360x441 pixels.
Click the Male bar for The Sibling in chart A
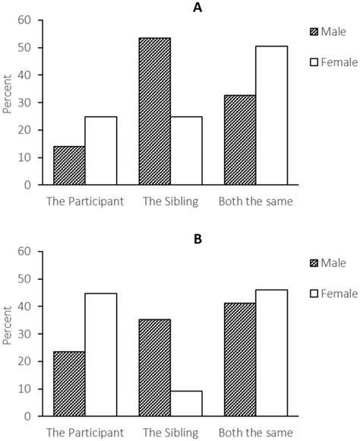click(154, 111)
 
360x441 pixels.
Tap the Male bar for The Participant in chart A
click(68, 165)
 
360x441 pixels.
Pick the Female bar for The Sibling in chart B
click(186, 403)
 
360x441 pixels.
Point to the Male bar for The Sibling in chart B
click(154, 367)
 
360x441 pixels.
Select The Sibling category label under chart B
click(170, 433)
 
